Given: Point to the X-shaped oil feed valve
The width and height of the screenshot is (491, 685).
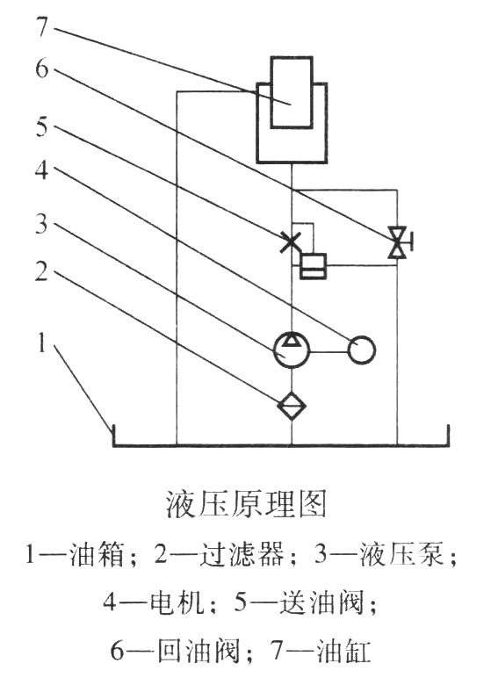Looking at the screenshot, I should click(x=290, y=242).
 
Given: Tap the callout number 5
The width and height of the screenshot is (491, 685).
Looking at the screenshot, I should click(x=41, y=124).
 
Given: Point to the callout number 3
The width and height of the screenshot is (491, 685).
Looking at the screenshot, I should click(x=41, y=224).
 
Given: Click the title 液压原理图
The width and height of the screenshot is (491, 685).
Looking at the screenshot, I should click(x=245, y=504).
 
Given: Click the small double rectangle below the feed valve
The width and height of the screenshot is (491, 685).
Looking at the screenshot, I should click(x=313, y=266).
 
